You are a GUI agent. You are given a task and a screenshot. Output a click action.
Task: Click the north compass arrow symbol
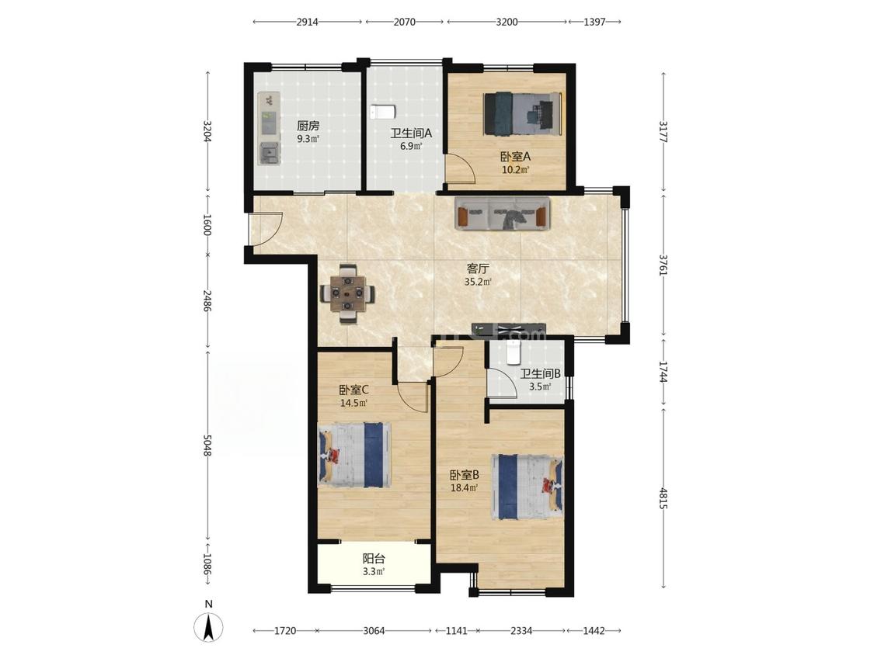click(x=208, y=627)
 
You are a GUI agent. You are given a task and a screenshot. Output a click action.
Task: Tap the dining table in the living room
click(x=347, y=293)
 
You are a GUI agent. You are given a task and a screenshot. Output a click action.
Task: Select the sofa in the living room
click(x=502, y=213)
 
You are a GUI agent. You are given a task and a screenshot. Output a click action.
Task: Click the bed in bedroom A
click(x=523, y=113)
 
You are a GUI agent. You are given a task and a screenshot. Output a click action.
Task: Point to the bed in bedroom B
click(x=527, y=487)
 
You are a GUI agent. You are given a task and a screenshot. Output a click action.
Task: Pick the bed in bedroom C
click(x=354, y=454)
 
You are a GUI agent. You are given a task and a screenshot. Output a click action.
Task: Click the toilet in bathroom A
click(x=382, y=112)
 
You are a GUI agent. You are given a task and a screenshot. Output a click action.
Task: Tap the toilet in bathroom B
click(x=512, y=352)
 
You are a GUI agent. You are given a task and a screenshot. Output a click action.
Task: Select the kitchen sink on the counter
click(x=270, y=153)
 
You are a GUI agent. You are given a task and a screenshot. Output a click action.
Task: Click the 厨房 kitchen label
click(x=308, y=126)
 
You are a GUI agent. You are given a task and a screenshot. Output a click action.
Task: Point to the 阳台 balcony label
click(x=374, y=559)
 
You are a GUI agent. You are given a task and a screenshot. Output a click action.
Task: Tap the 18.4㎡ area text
click(x=465, y=488)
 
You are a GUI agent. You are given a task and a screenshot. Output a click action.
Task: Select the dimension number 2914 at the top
click(x=307, y=23)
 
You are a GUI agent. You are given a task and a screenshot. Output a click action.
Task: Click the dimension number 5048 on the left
click(x=207, y=445)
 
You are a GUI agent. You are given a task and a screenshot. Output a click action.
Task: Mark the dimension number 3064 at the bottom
click(x=374, y=630)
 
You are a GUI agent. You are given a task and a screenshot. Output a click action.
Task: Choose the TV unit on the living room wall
click(x=508, y=328)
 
